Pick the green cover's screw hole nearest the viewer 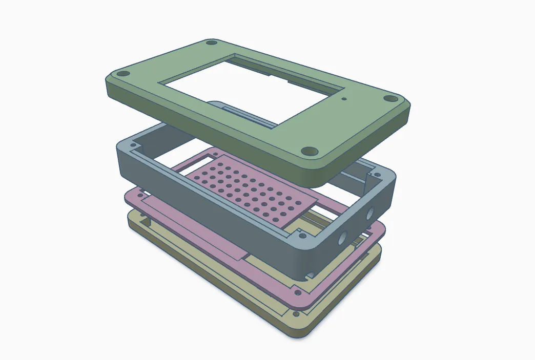(x=308, y=151)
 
